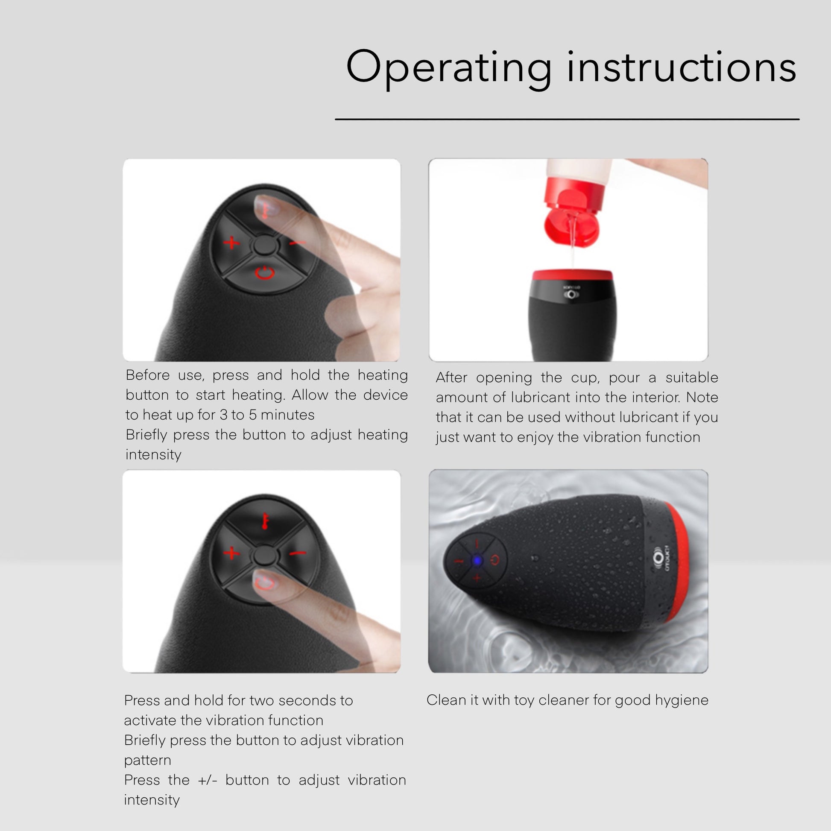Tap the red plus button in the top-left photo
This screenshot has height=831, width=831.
231,243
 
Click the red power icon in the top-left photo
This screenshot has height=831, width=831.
264,273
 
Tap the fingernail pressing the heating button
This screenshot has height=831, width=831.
264,207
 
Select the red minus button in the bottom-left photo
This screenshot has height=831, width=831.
297,553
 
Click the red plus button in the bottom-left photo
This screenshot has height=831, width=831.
231,553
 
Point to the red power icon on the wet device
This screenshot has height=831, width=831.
495,560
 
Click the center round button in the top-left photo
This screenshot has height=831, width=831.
264,245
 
